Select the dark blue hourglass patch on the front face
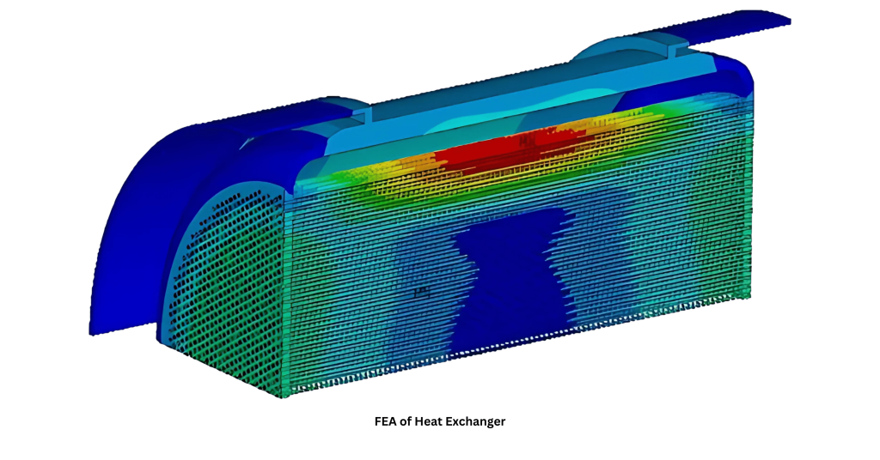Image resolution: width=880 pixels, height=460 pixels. (507, 275)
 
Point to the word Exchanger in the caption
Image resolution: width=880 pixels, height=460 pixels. (479, 421)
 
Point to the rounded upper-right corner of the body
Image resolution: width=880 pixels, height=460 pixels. (744, 73)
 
